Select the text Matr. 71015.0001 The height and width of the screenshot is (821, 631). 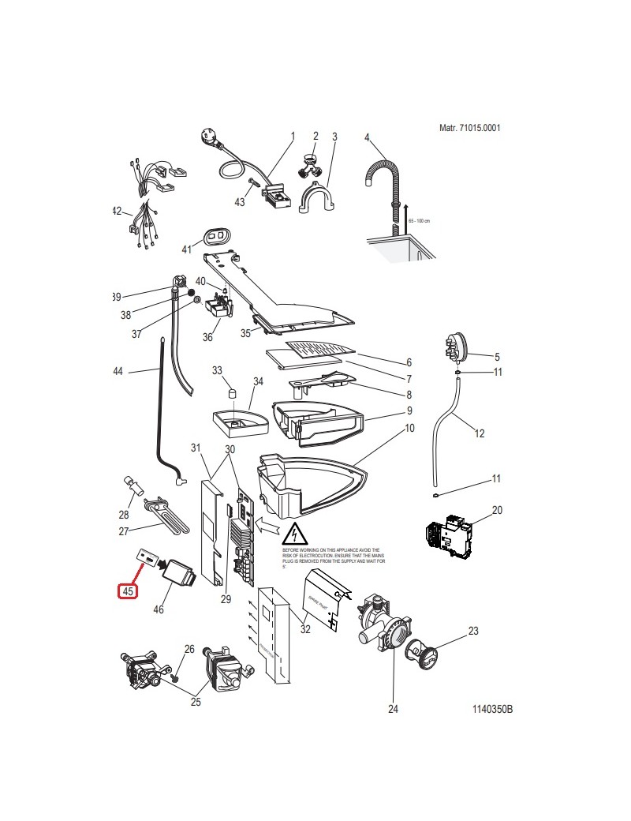(469, 128)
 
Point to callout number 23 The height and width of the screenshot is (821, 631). (495, 632)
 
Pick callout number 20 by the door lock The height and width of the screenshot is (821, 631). (497, 511)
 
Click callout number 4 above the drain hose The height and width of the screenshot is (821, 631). (367, 137)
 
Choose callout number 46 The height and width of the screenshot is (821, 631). (159, 609)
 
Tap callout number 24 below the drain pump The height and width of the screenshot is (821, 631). (393, 708)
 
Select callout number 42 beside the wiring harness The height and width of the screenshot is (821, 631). (117, 212)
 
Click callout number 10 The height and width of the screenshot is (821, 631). (409, 429)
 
